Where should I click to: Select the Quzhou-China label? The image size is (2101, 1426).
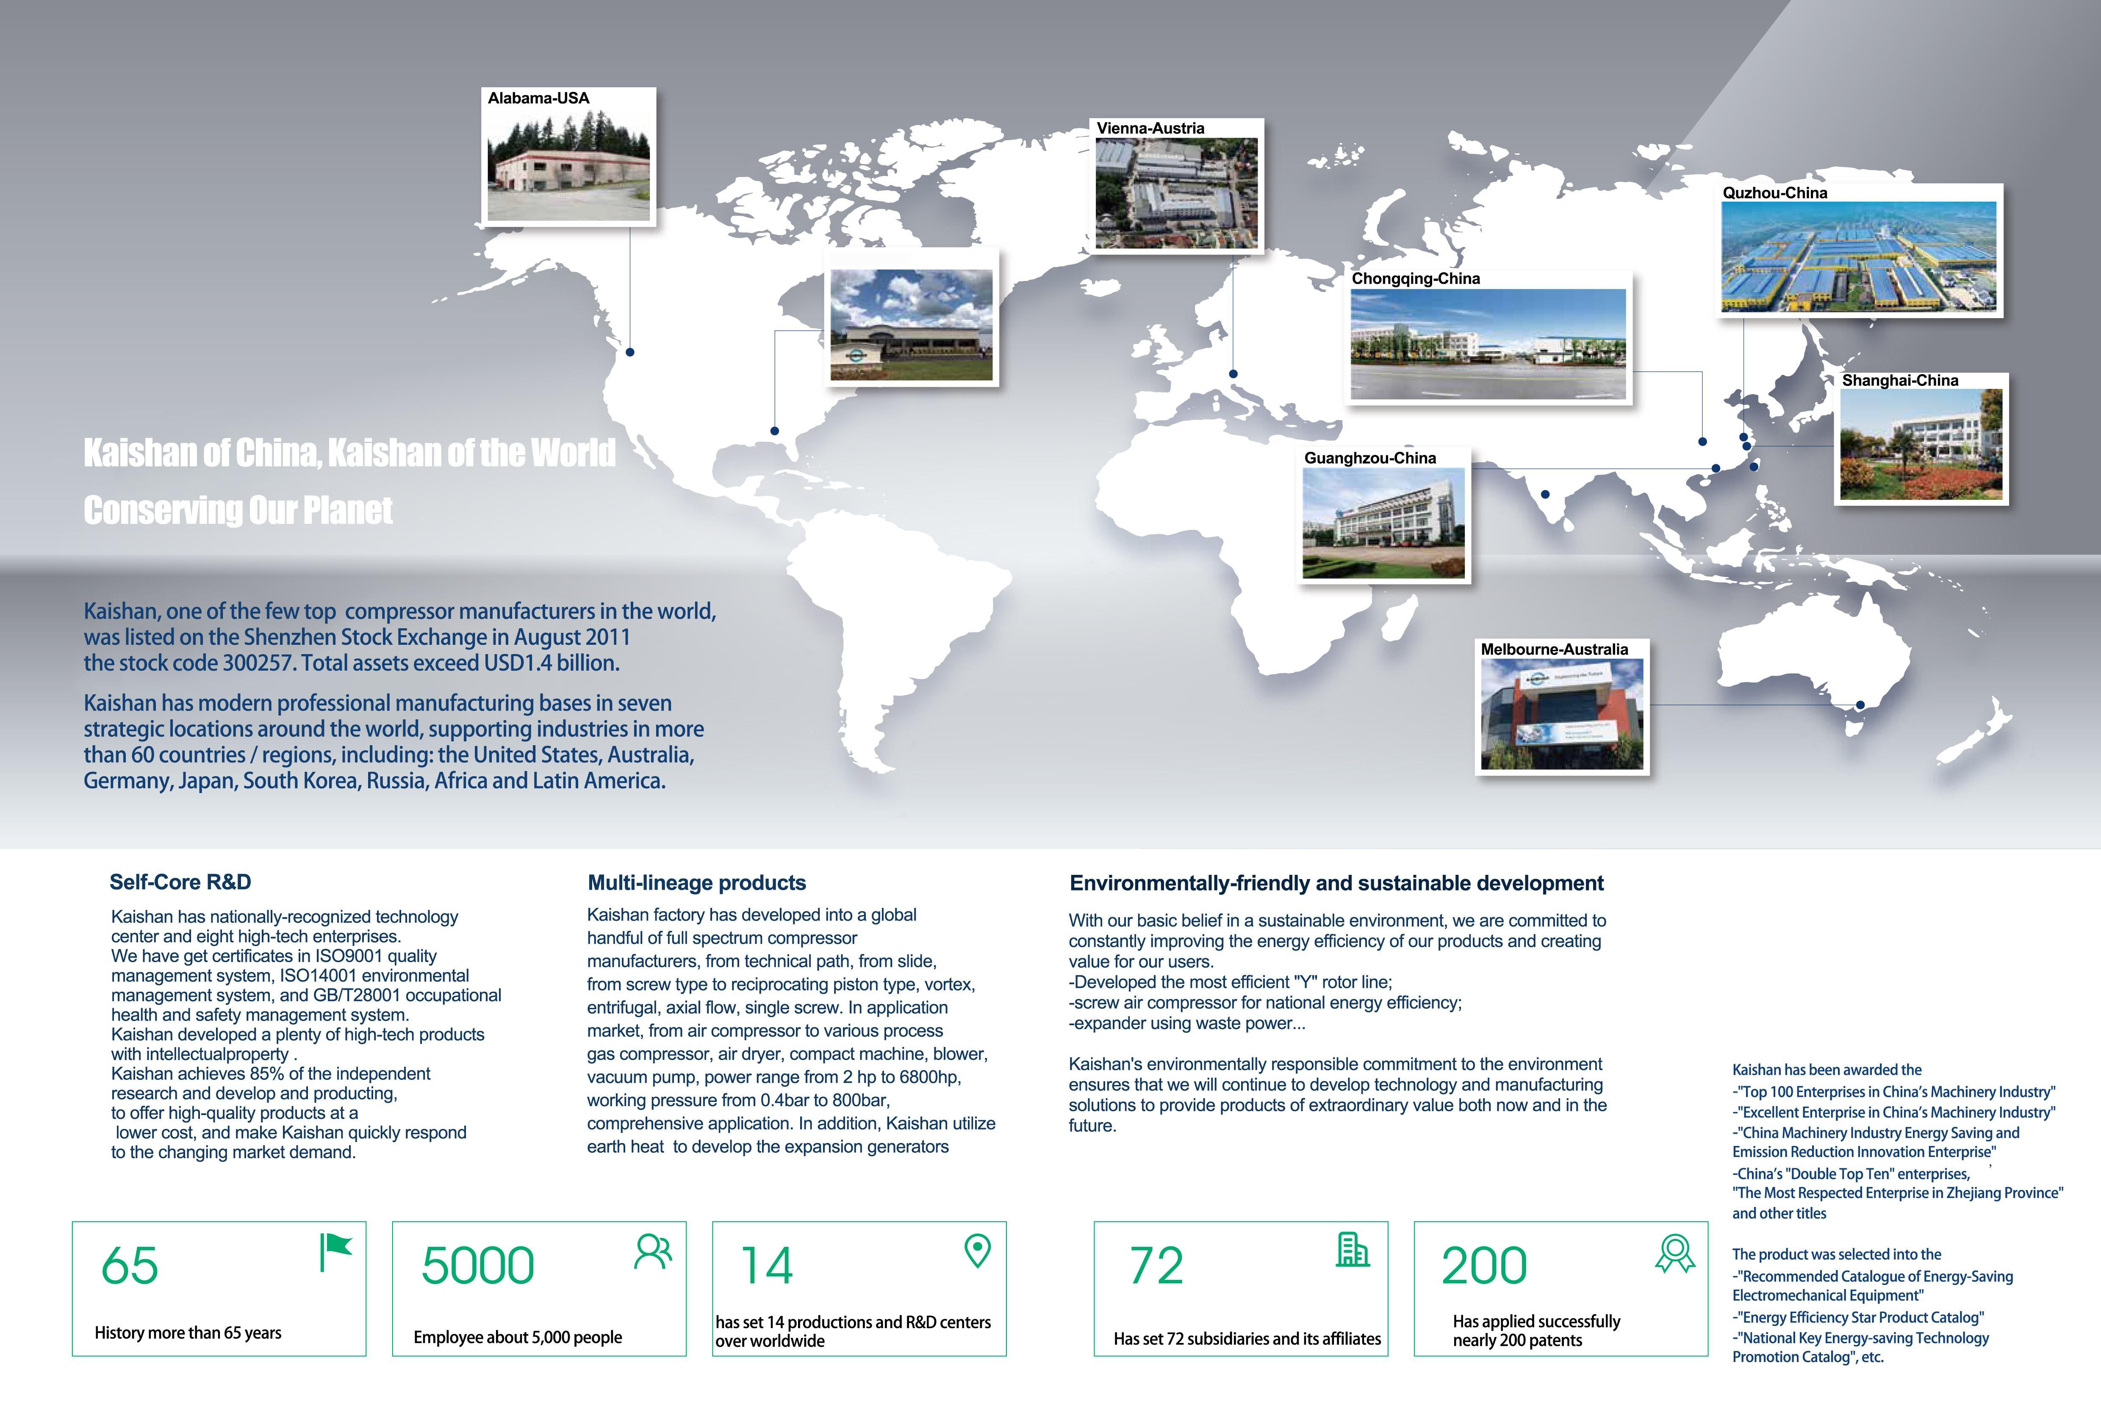pyautogui.click(x=1775, y=193)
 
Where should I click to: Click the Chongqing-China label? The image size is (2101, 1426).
pyautogui.click(x=1416, y=278)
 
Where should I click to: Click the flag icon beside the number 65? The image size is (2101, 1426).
pyautogui.click(x=335, y=1252)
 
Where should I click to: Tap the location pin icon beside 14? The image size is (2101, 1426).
pyautogui.click(x=977, y=1251)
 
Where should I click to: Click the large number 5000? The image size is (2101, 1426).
pyautogui.click(x=477, y=1266)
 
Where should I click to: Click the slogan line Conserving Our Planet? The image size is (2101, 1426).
pyautogui.click(x=238, y=511)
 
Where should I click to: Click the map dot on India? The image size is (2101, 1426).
pyautogui.click(x=1545, y=495)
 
